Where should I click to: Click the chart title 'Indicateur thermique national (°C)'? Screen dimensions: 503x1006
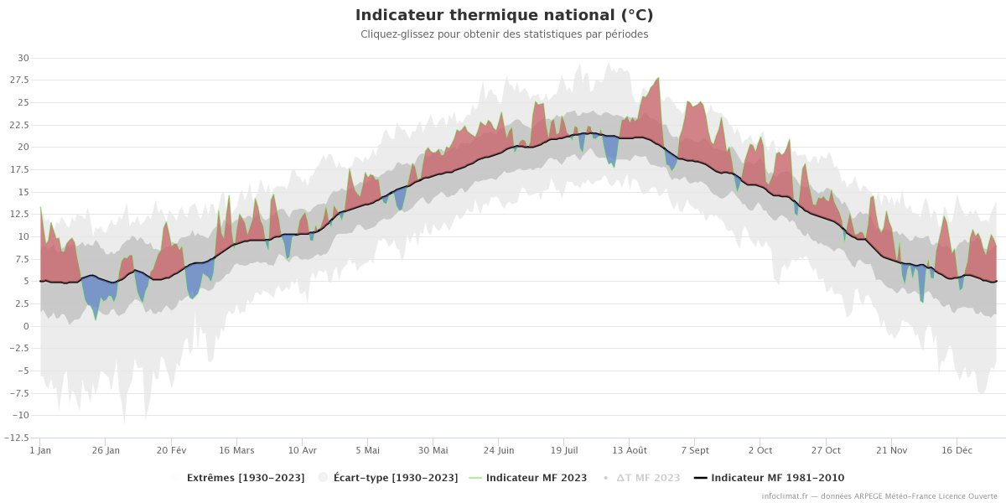(x=504, y=15)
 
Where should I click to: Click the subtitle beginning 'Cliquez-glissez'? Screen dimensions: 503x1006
(x=504, y=34)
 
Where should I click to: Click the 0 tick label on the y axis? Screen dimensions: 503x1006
(x=26, y=326)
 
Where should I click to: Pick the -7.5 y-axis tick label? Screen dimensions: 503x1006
(x=19, y=393)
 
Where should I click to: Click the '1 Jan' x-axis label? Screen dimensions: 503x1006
(x=40, y=450)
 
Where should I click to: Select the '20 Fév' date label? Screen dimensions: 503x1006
(x=171, y=450)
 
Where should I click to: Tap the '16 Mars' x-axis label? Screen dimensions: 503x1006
(x=236, y=450)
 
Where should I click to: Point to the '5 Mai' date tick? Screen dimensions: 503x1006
(x=367, y=450)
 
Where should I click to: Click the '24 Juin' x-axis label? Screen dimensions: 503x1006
(x=498, y=450)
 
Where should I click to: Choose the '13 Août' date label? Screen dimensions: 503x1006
(x=629, y=450)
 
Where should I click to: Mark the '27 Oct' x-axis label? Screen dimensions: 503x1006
(x=826, y=450)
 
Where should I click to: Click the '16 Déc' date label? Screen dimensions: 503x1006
(x=957, y=450)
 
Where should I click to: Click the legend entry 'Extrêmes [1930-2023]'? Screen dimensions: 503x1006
(x=245, y=478)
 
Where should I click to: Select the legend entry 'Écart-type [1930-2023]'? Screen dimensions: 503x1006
(x=395, y=478)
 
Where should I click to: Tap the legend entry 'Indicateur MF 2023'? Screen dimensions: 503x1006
(x=537, y=478)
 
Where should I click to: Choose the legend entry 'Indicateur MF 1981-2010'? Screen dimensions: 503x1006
(x=777, y=478)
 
